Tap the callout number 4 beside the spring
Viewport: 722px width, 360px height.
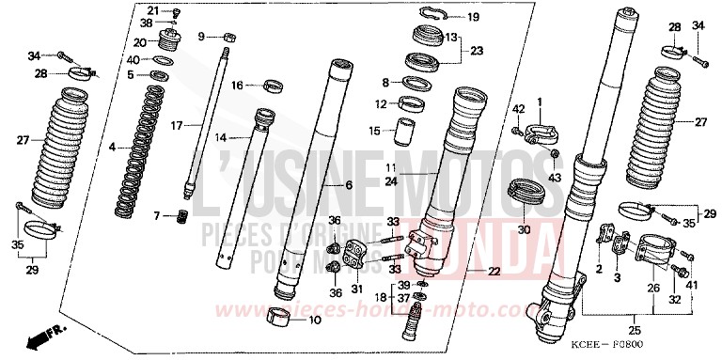pyautogui.click(x=113, y=147)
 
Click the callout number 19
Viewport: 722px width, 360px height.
pyautogui.click(x=473, y=17)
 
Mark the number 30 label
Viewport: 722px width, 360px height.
pyautogui.click(x=523, y=229)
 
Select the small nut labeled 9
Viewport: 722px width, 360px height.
pyautogui.click(x=229, y=37)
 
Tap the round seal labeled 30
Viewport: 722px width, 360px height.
pyautogui.click(x=526, y=191)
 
